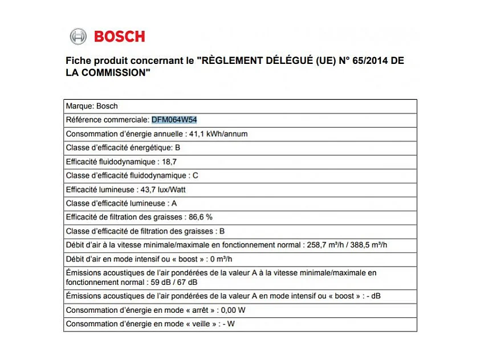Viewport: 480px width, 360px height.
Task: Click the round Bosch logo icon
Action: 78,37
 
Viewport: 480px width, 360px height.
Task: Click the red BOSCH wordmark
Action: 120,37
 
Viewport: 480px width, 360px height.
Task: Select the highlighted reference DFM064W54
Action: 174,120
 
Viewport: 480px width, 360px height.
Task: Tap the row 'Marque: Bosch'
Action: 92,106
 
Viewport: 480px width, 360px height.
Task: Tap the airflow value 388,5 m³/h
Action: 368,245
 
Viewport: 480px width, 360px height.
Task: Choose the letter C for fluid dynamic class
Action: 195,176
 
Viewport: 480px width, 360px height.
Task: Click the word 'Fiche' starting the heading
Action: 78,60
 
